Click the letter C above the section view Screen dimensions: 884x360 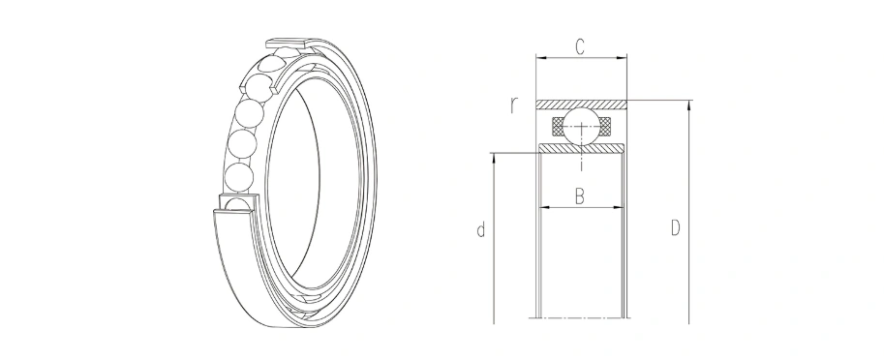click(580, 47)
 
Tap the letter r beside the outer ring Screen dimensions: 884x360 click(513, 105)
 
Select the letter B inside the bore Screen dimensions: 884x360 click(580, 196)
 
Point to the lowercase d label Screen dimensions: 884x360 click(481, 230)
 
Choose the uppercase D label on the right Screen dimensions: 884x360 click(676, 228)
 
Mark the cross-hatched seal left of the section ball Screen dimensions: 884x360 click(558, 126)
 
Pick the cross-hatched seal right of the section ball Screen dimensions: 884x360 click(604, 126)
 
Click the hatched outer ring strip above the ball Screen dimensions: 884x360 click(581, 105)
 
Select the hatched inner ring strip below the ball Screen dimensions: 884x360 click(581, 148)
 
